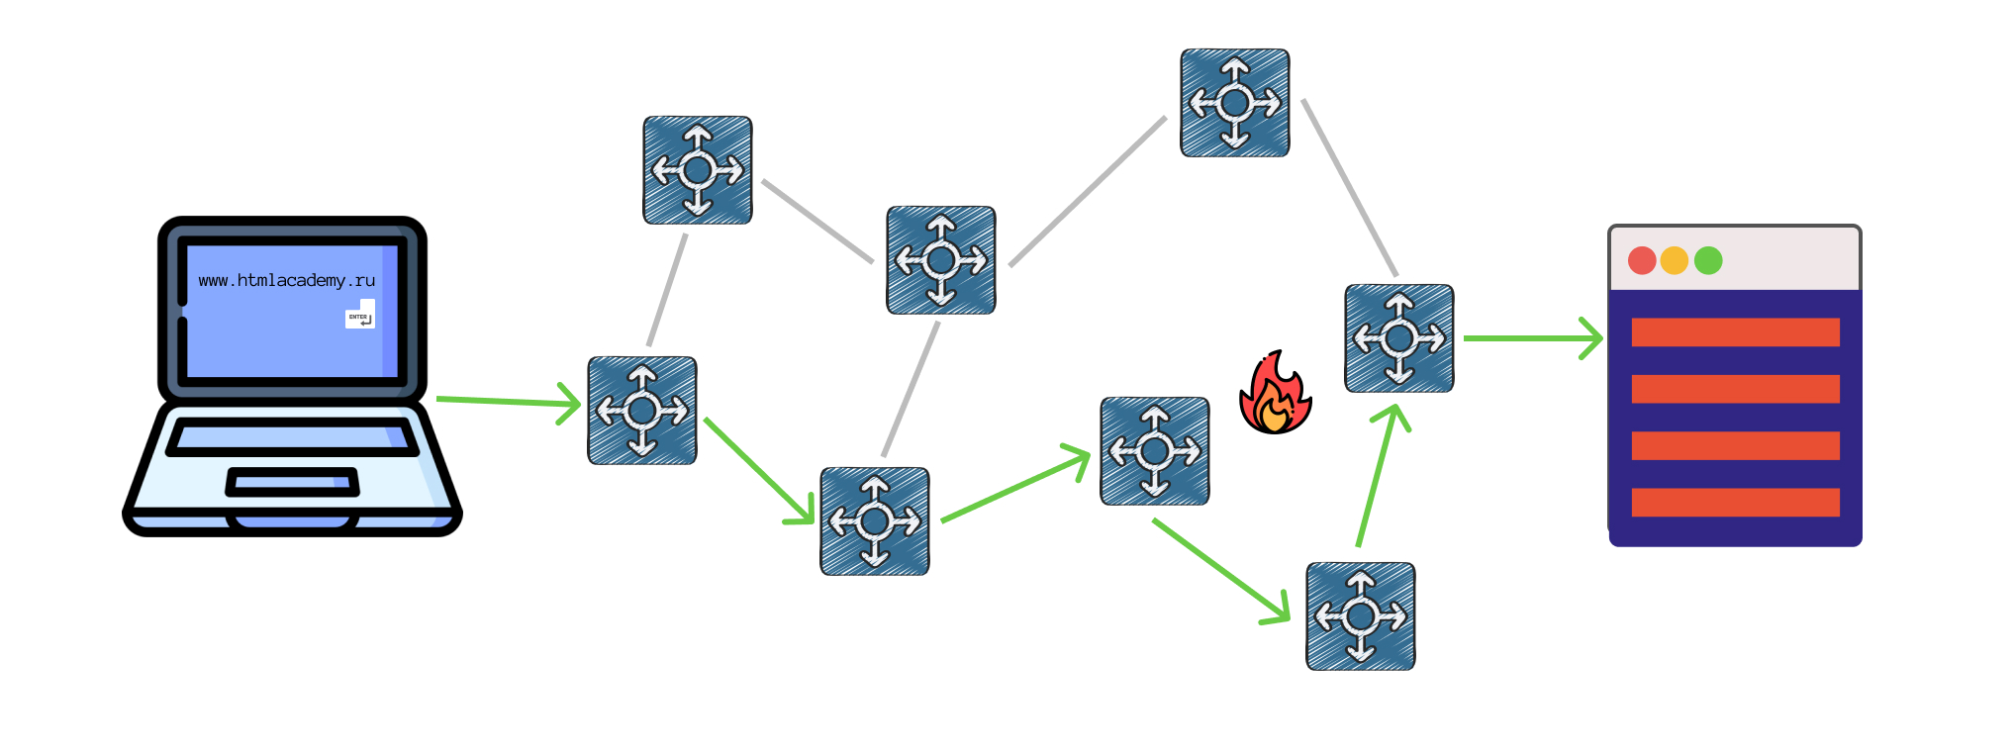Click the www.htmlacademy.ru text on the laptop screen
pyautogui.click(x=286, y=281)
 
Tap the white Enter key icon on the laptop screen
pyautogui.click(x=360, y=317)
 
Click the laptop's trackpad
pyautogui.click(x=292, y=483)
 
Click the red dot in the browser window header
pyautogui.click(x=1642, y=260)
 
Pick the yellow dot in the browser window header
pyautogui.click(x=1675, y=260)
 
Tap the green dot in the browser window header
pyautogui.click(x=1708, y=260)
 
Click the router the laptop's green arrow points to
pyautogui.click(x=642, y=411)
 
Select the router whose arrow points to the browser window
pyautogui.click(x=1398, y=338)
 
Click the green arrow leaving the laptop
pyautogui.click(x=507, y=401)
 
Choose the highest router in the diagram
pyautogui.click(x=1234, y=103)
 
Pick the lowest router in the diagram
pyautogui.click(x=1360, y=616)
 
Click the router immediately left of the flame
pyautogui.click(x=1154, y=451)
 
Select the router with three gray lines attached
pyautogui.click(x=940, y=260)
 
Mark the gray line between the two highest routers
pyautogui.click(x=1087, y=192)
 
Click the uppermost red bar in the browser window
pyautogui.click(x=1735, y=332)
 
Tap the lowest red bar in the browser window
pyautogui.click(x=1735, y=503)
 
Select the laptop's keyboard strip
pyautogui.click(x=292, y=436)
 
